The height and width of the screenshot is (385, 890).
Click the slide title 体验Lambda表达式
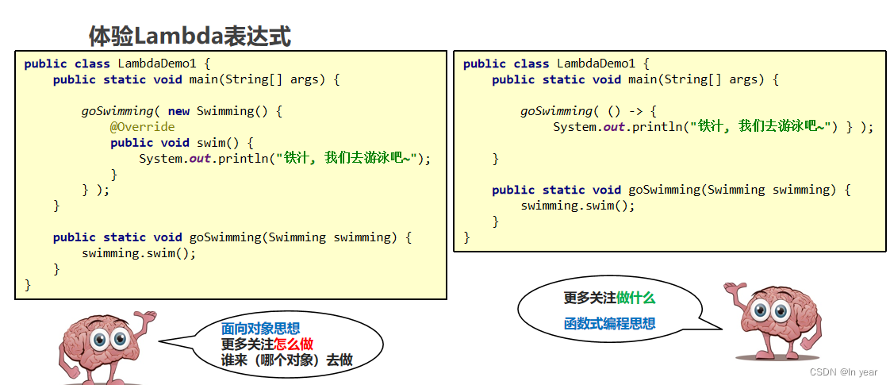190,36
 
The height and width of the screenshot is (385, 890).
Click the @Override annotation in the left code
143,127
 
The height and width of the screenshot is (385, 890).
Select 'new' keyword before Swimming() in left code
178,111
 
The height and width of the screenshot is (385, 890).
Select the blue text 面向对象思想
260,329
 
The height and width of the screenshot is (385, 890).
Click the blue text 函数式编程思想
609,323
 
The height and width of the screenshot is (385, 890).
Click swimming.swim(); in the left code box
139,253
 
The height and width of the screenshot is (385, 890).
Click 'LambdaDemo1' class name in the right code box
596,64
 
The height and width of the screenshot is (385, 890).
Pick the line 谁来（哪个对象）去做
286,360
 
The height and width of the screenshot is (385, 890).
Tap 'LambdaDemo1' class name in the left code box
156,64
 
